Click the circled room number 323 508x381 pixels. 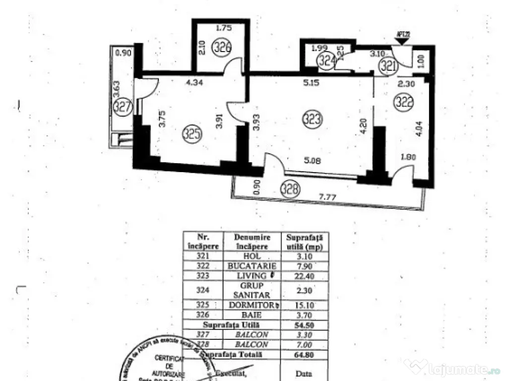(x=315, y=119)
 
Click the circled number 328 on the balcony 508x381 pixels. (x=290, y=189)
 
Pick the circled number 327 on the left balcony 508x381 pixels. (x=122, y=106)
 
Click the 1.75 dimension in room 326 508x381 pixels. (x=224, y=29)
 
